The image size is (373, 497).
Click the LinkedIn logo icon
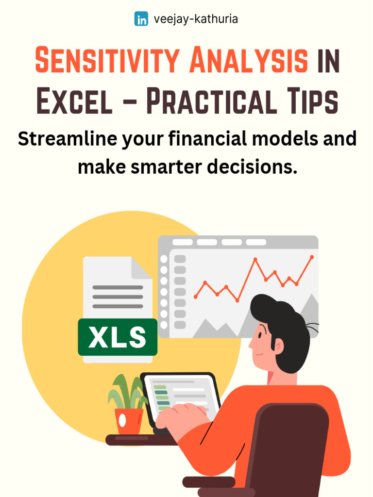coord(141,19)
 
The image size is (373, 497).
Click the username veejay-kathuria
coord(195,19)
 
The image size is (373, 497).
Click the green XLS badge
coord(118,337)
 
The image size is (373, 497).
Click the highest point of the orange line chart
coord(311,257)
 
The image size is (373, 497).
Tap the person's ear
coord(278,346)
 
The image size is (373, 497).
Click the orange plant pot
coord(129,421)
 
